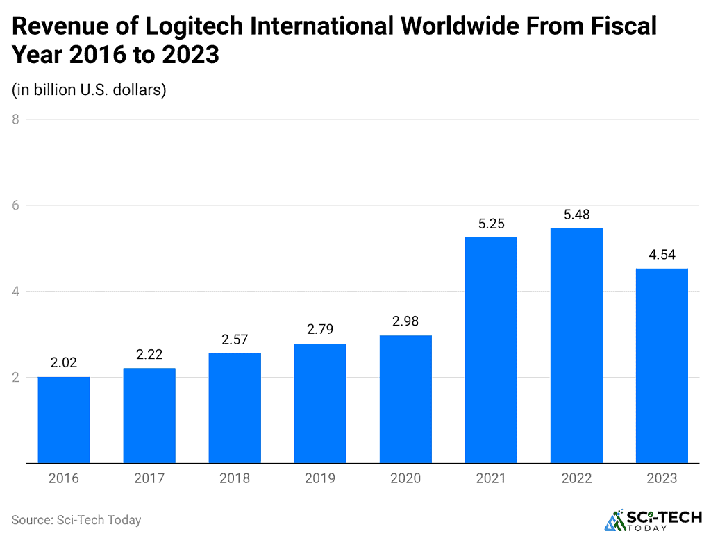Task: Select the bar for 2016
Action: point(64,419)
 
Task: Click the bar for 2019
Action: point(320,403)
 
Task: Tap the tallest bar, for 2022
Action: point(576,345)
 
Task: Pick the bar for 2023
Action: point(662,365)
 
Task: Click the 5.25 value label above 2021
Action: point(491,224)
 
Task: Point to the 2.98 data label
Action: point(405,321)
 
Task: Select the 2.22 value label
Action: point(149,354)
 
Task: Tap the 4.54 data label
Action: point(662,255)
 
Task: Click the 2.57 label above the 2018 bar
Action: point(235,339)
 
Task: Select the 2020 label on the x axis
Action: point(405,479)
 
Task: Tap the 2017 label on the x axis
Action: point(149,479)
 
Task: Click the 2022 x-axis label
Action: point(576,479)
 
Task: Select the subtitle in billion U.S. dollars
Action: point(89,90)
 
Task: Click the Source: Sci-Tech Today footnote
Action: point(76,519)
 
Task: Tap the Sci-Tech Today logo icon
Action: point(614,521)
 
